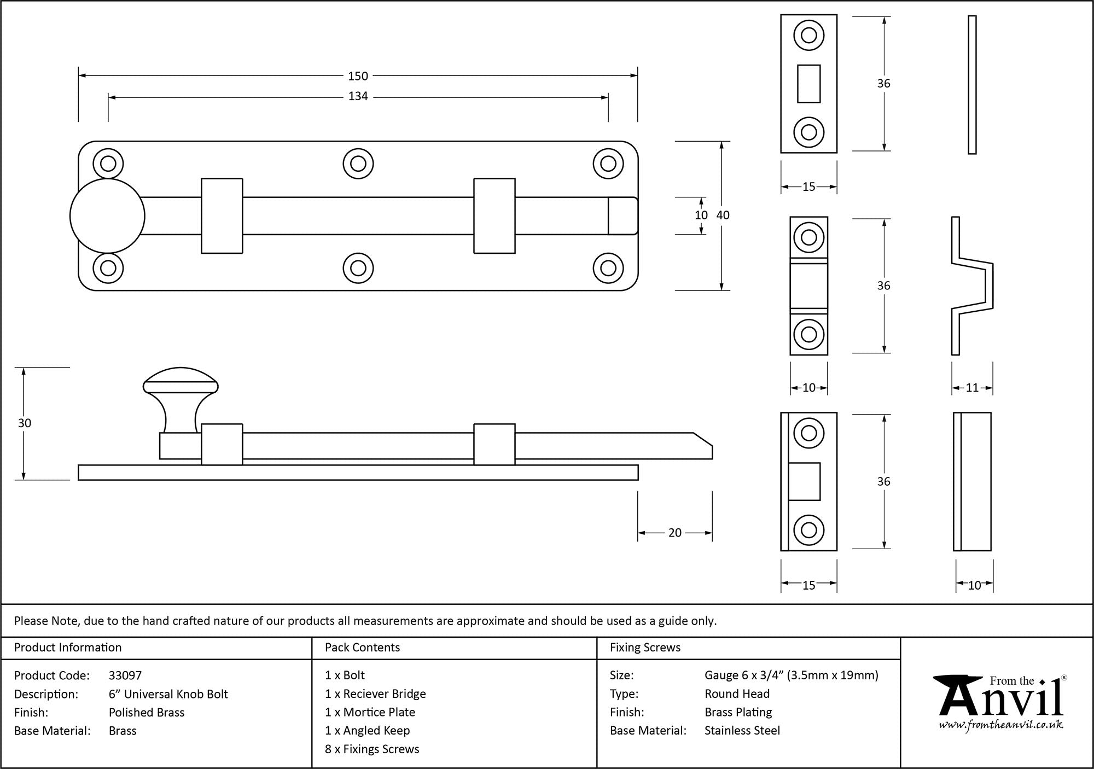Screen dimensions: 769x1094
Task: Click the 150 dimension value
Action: click(x=358, y=76)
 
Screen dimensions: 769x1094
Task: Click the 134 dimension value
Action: click(x=358, y=96)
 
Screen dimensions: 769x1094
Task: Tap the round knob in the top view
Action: click(x=107, y=216)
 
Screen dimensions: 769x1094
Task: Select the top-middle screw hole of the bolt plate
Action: click(x=358, y=164)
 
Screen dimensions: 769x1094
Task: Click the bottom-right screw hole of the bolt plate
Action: click(x=608, y=268)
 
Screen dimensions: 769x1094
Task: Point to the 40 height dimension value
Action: click(x=723, y=215)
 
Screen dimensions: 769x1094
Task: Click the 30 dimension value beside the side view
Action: click(x=24, y=423)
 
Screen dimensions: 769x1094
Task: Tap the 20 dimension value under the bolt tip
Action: click(x=674, y=533)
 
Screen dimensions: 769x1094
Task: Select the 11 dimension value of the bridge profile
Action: click(x=972, y=388)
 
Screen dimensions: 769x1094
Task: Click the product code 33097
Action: click(x=125, y=675)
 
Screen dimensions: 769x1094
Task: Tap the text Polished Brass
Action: click(x=147, y=712)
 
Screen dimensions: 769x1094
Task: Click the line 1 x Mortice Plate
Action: click(x=370, y=712)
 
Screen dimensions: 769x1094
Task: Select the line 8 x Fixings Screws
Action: click(x=372, y=749)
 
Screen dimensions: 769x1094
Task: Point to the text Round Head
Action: click(x=737, y=694)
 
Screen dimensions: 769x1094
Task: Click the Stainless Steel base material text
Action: click(x=742, y=730)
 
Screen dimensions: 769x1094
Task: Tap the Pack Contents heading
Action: click(x=362, y=648)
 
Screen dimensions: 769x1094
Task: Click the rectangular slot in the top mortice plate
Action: click(x=808, y=84)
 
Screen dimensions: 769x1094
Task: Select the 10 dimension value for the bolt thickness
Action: click(x=701, y=215)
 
